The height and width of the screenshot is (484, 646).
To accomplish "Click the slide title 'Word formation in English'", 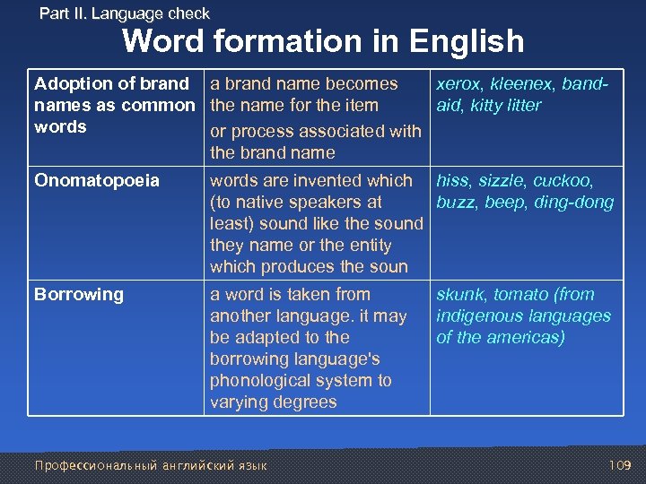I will coord(323,41).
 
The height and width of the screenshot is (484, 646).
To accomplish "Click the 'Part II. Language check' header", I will coord(125,13).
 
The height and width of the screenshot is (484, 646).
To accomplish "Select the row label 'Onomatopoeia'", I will coord(96,180).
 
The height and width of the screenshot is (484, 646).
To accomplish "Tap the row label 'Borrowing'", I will coord(79,294).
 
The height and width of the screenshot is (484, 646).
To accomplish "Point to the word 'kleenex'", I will coord(523,83).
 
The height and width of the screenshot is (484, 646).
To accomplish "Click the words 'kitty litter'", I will coord(504,105).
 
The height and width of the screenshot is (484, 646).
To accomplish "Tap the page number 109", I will coord(620,465).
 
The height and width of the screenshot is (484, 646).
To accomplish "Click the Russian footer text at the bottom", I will coord(150,465).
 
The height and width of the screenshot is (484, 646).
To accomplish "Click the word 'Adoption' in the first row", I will coord(73,83).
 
